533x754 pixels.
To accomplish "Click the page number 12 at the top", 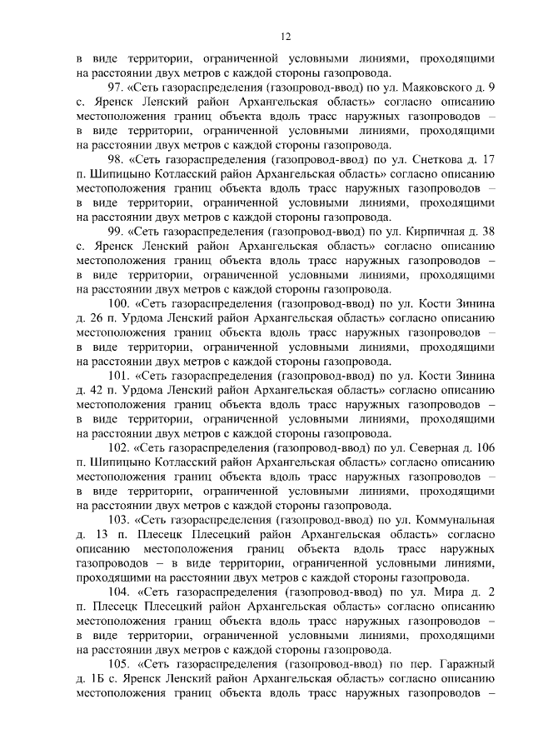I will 285,37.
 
